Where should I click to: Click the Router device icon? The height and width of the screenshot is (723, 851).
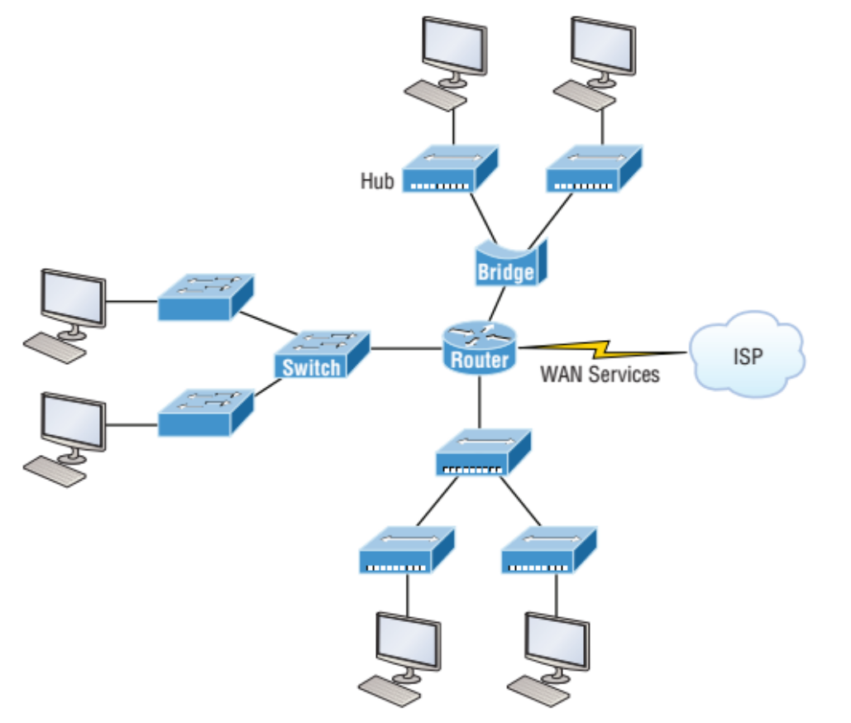pyautogui.click(x=479, y=347)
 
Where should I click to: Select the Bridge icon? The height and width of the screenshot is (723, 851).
pyautogui.click(x=505, y=263)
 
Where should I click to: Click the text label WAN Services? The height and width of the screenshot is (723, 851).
pyautogui.click(x=600, y=374)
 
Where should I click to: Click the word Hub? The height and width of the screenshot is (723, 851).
pyautogui.click(x=377, y=180)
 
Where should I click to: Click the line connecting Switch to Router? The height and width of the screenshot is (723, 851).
pyautogui.click(x=405, y=348)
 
